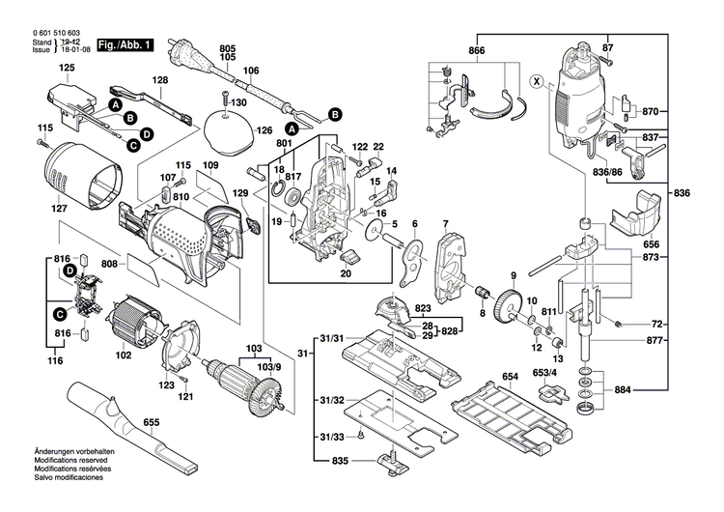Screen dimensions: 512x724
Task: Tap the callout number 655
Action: [151, 422]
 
